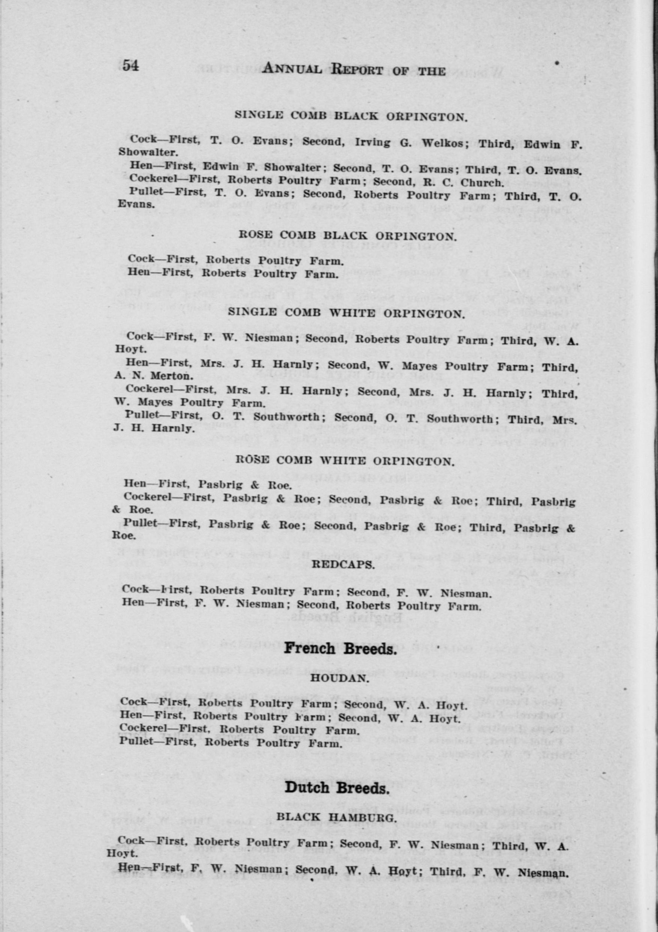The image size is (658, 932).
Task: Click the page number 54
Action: click(x=130, y=66)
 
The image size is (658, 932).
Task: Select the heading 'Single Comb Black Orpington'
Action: click(x=351, y=116)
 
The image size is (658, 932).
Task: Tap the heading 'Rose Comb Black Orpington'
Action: click(x=347, y=235)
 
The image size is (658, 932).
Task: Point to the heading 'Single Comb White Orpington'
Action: click(x=345, y=313)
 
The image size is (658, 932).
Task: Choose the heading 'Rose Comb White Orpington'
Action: click(x=345, y=461)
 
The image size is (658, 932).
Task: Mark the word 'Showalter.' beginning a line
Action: click(x=148, y=153)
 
